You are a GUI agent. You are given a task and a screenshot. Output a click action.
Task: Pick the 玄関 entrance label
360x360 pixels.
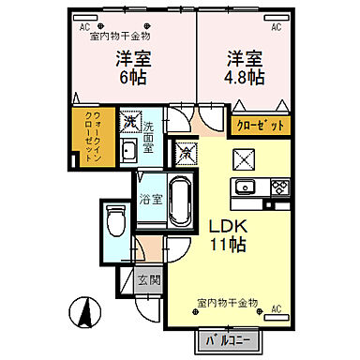point(149,279)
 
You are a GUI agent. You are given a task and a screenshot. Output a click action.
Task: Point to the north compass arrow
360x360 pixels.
point(83,308)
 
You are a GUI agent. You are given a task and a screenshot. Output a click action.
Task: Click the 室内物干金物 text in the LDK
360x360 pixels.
point(228,303)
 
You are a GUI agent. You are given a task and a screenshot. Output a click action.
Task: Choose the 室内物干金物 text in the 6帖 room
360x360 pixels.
point(119,36)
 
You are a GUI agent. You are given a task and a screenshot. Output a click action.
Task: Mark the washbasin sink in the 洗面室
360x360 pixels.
point(131,153)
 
